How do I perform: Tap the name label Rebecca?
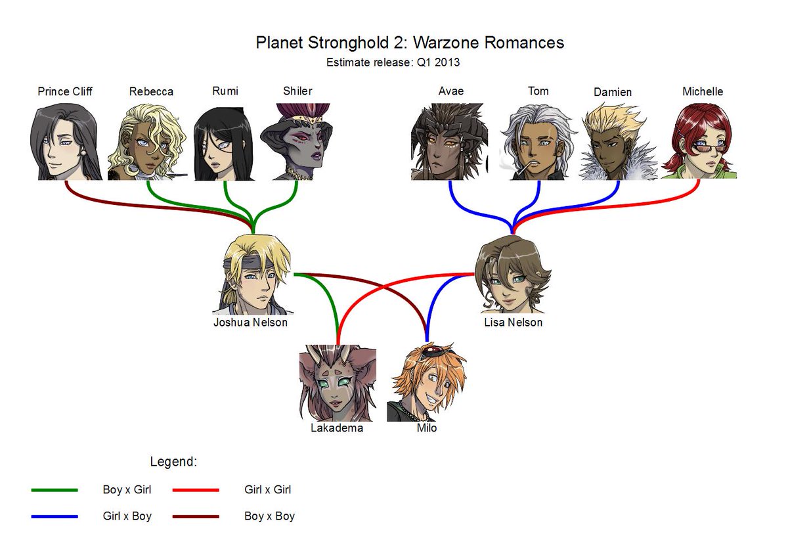click(x=151, y=92)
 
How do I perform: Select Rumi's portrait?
click(x=224, y=143)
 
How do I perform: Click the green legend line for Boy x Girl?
click(x=55, y=490)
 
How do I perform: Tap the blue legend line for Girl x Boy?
click(x=55, y=516)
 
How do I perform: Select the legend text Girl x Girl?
click(x=267, y=490)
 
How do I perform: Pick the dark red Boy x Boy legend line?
click(x=195, y=516)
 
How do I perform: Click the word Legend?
click(x=173, y=462)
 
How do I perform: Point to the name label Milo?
click(x=427, y=428)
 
